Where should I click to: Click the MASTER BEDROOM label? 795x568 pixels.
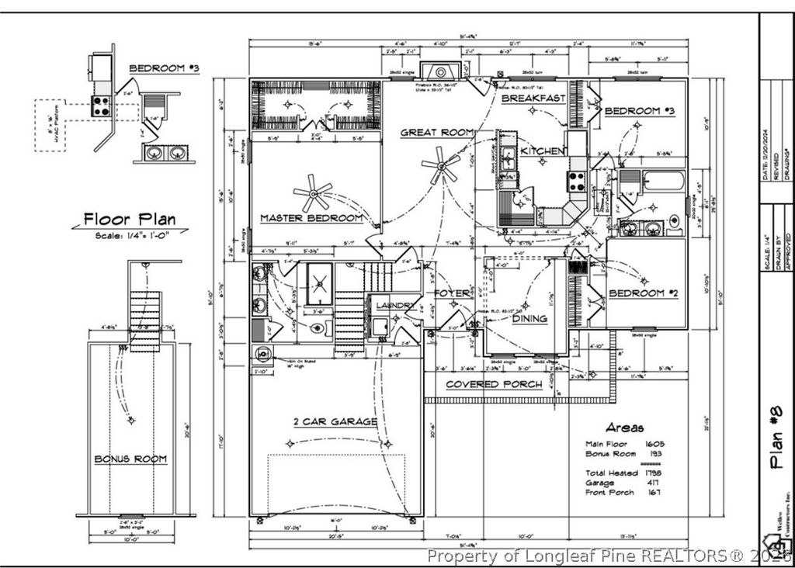point(311,218)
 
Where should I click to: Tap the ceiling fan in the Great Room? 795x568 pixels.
point(440,165)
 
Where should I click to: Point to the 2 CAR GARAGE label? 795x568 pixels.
point(335,421)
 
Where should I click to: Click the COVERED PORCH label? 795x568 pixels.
point(494,384)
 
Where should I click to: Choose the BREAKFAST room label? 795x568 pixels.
point(533,99)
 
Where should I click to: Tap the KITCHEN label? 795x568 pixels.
point(542,151)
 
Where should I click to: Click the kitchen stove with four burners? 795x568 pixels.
point(578,182)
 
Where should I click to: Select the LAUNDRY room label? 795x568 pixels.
point(395,306)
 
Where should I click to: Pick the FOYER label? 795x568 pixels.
point(452,293)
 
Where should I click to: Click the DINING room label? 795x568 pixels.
point(529,318)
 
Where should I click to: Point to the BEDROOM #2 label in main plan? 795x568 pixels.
point(644,293)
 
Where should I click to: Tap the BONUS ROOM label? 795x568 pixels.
point(130,459)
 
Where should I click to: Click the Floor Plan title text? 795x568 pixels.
point(130,220)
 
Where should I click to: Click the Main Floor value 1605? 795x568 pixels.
point(655,444)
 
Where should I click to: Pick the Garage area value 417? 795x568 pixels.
point(652,482)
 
